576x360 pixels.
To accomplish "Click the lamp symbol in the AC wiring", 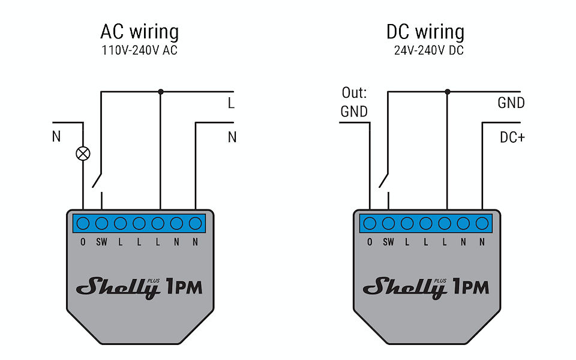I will [83, 153].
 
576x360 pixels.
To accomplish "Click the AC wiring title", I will [139, 32].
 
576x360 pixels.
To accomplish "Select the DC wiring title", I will [425, 32].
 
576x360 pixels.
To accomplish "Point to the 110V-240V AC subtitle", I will [139, 51].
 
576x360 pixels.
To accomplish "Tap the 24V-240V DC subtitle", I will [428, 51].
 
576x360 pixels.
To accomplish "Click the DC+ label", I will [512, 137].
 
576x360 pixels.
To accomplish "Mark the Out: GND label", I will [354, 102].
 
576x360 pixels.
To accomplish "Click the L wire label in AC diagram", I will [231, 103].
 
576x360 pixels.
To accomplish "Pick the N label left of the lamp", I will [56, 137].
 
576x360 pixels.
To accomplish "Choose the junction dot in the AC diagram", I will [160, 92].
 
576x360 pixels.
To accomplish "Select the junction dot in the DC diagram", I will [447, 92].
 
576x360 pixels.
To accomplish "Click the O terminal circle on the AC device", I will [83, 224].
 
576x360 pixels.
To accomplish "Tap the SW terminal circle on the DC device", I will [388, 224].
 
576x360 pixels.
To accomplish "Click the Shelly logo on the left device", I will [119, 287].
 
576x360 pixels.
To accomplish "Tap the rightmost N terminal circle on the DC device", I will [482, 224].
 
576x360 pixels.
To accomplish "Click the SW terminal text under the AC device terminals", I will [101, 242].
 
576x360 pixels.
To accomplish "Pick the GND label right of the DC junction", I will [511, 103].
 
